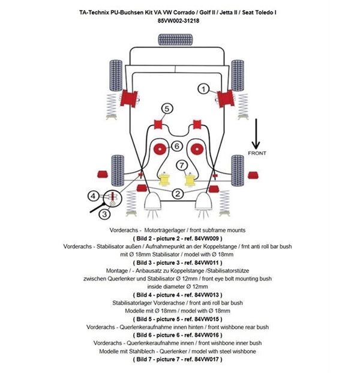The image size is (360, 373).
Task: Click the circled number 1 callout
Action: click(x=203, y=89)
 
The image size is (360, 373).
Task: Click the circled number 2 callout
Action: click(x=178, y=193)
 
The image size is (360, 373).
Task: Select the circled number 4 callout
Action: click(x=93, y=195)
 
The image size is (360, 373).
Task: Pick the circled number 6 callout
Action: click(x=177, y=146)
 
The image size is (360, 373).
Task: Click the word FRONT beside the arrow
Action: click(x=259, y=153)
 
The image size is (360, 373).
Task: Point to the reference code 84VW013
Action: click(x=207, y=295)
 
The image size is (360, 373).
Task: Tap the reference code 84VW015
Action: click(x=207, y=319)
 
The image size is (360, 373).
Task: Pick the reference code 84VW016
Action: click(x=207, y=335)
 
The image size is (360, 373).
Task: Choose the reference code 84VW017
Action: click(x=207, y=359)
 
